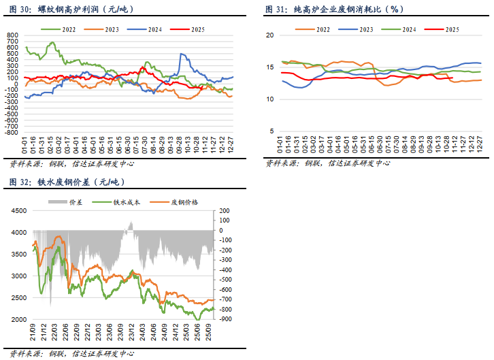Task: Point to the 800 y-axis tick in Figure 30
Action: click(14, 35)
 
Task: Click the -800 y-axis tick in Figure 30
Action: click(12, 133)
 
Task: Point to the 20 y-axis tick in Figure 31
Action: click(269, 35)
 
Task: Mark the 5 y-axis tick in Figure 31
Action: click(271, 132)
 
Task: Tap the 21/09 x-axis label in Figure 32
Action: click(33, 331)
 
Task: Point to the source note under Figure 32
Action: click(71, 354)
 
